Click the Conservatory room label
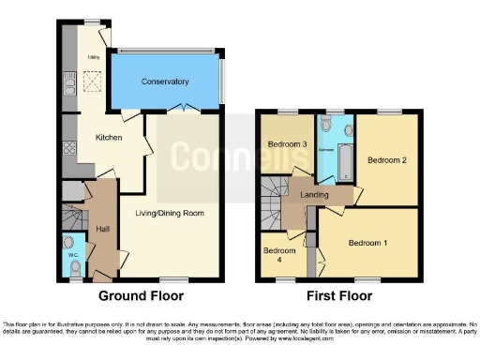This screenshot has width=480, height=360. (165, 82)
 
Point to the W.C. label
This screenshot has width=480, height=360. (73, 255)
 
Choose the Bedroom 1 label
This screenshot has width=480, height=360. (367, 243)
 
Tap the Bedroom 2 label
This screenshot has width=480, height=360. (385, 160)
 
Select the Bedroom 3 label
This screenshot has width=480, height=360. (287, 144)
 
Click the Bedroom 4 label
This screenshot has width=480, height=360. (278, 256)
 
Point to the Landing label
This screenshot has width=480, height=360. (313, 194)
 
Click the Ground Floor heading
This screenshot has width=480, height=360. (141, 295)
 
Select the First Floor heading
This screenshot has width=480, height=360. (337, 295)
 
